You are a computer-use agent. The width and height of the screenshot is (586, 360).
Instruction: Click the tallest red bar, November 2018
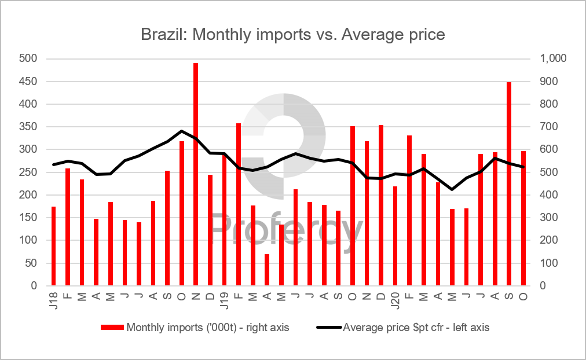(x=196, y=174)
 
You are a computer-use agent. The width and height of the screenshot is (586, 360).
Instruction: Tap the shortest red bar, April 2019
(x=267, y=270)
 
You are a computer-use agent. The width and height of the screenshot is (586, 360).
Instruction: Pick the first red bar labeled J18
(x=53, y=246)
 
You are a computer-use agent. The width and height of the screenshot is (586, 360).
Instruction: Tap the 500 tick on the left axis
(x=28, y=58)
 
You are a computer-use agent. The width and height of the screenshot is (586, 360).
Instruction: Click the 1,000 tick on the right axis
(x=554, y=58)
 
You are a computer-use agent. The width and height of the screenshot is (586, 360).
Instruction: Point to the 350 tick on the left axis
(x=28, y=127)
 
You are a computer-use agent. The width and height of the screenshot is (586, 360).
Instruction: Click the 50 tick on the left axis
(x=31, y=263)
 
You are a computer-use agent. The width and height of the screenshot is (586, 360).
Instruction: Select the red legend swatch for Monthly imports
(x=112, y=328)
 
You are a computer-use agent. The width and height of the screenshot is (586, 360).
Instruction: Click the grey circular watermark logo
(x=284, y=137)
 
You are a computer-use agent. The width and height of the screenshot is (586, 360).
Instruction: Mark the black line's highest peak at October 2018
(x=182, y=131)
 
